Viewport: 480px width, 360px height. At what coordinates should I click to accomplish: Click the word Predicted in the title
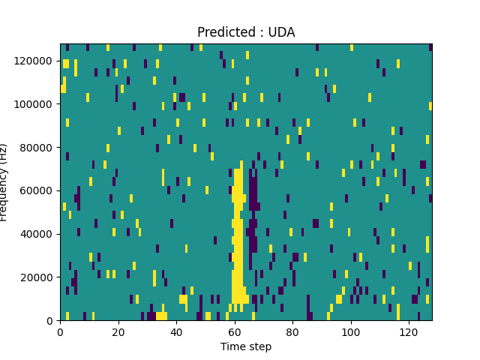[x=223, y=32]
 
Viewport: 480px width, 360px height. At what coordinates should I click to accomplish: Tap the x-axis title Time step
[x=246, y=346]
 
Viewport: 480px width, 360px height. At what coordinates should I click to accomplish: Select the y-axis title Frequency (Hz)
[x=4, y=182]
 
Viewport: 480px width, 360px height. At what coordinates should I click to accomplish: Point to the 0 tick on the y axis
[x=49, y=320]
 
